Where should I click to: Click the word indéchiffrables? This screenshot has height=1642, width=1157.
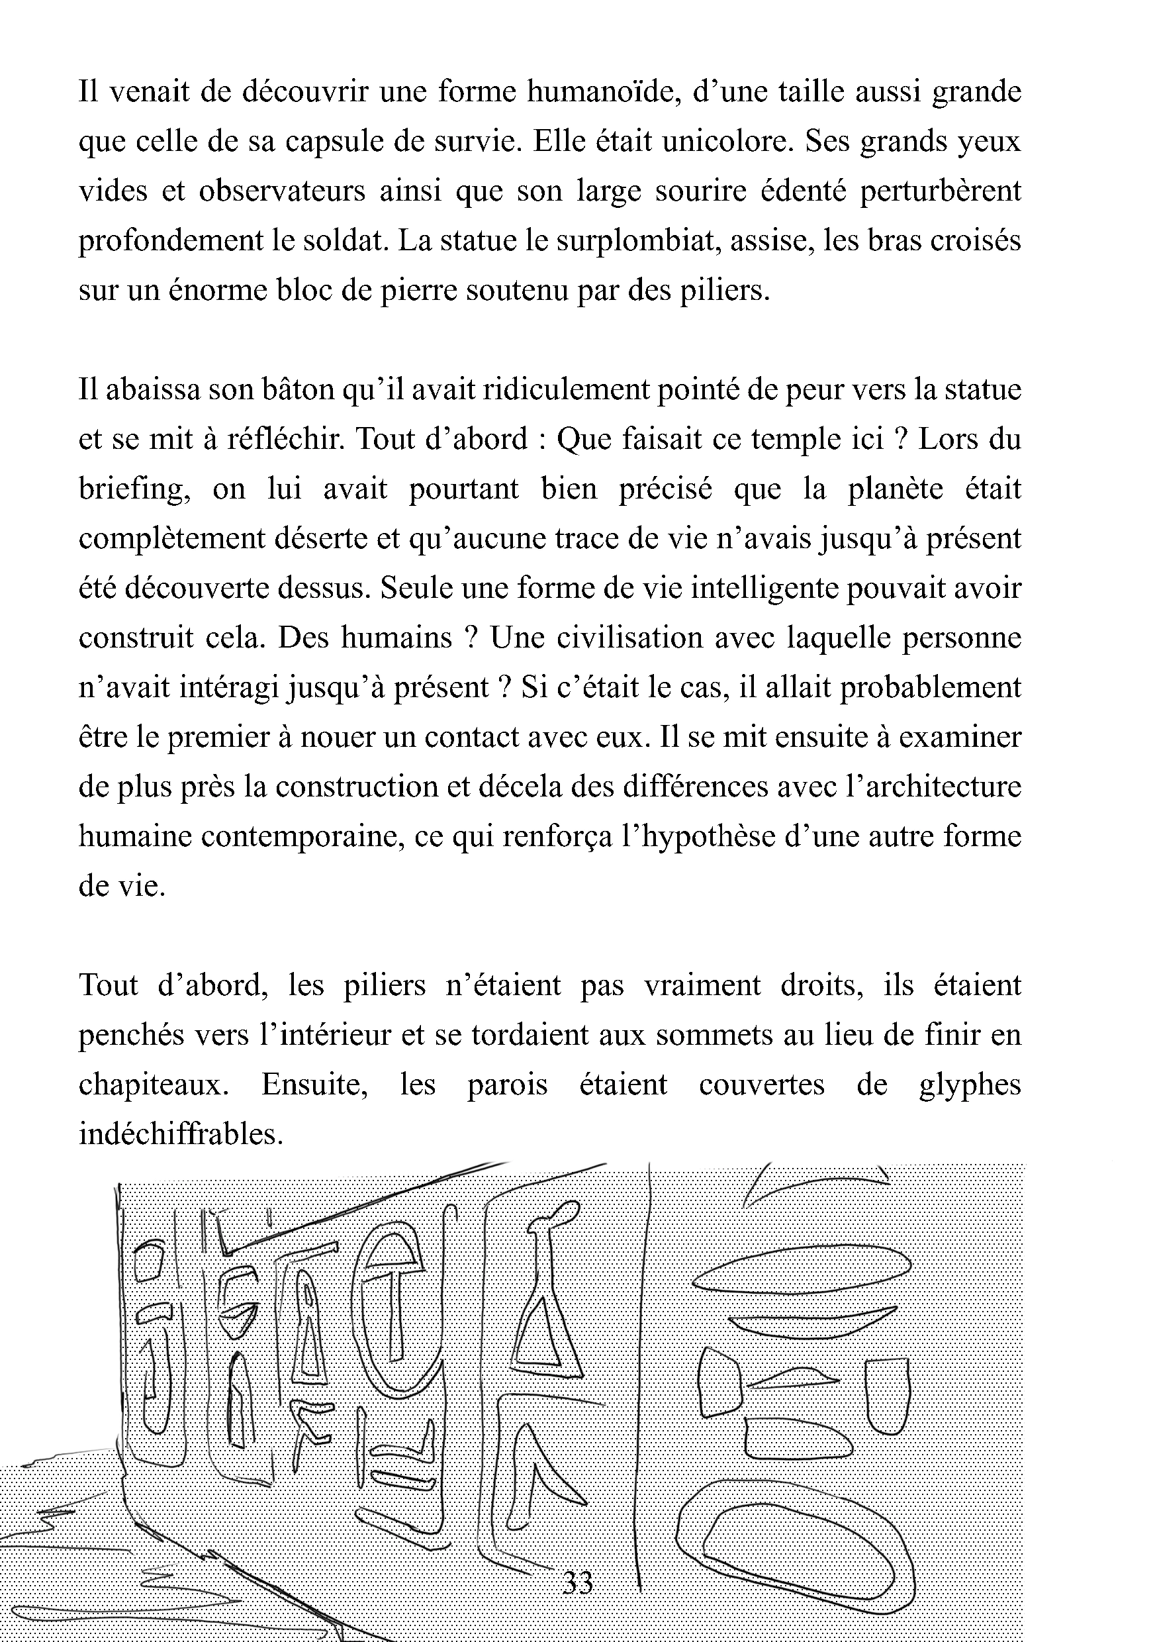click(181, 1134)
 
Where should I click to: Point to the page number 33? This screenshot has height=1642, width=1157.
click(578, 1582)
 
